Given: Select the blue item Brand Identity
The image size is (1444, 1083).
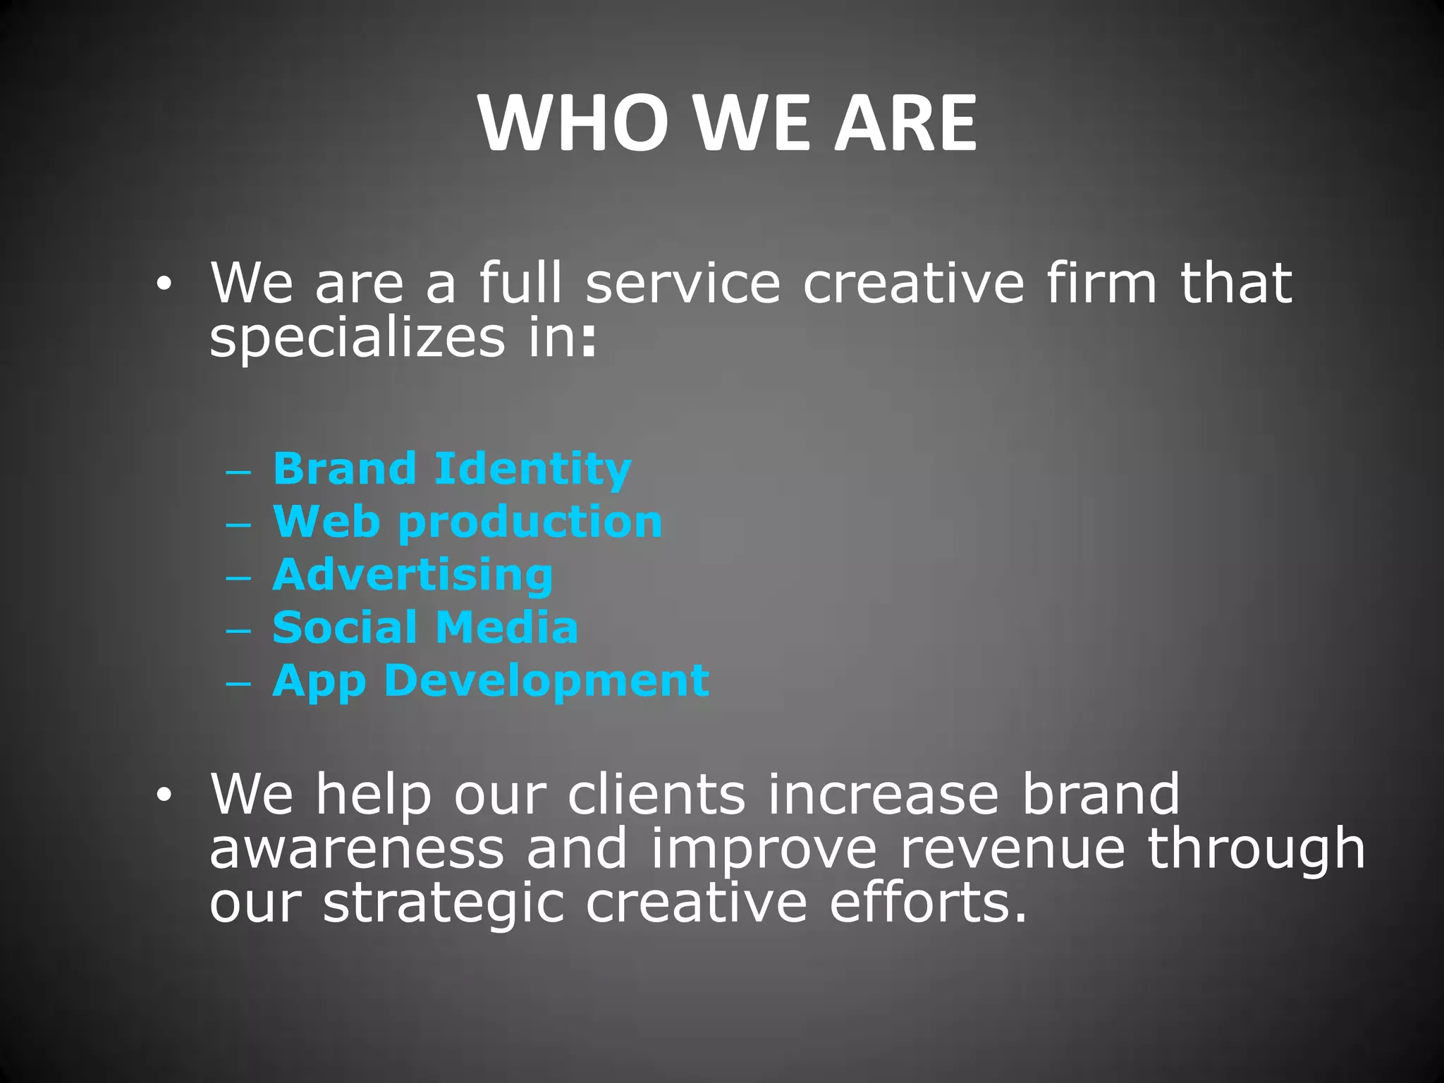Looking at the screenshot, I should pos(451,469).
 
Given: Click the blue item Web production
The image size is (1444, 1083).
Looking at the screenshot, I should pos(467,522).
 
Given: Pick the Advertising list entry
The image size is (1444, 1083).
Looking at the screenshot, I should pos(412,575).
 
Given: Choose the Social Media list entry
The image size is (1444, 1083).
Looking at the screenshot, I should pos(425,628).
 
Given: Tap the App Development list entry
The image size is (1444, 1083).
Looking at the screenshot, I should pos(491,681).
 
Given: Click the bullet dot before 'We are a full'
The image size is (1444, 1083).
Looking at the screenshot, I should pos(164,285).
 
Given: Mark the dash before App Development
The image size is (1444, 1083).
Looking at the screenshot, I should pos(238,683).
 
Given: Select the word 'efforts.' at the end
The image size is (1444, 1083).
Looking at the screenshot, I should pos(928,903).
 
